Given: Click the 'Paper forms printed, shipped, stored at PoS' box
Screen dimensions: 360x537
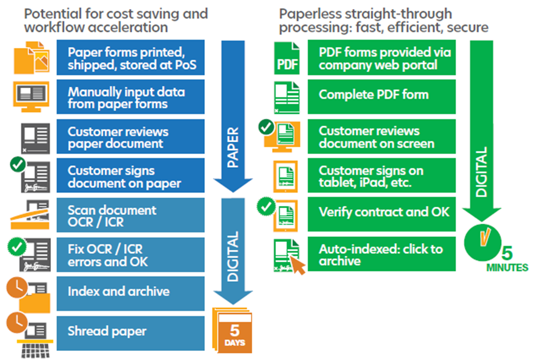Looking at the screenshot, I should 130,58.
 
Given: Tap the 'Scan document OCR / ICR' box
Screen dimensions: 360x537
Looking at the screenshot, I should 130,216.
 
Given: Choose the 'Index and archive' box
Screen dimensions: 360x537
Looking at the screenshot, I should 130,292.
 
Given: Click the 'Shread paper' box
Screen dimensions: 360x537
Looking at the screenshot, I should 130,331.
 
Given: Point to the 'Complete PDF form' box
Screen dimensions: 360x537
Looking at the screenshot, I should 381,95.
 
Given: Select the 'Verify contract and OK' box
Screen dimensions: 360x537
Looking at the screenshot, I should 381,212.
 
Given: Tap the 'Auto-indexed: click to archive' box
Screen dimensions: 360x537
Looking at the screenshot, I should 381,255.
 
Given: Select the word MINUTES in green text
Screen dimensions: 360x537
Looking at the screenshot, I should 507,267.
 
